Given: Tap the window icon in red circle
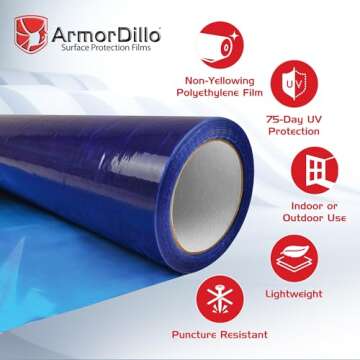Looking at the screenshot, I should [x=318, y=173].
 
